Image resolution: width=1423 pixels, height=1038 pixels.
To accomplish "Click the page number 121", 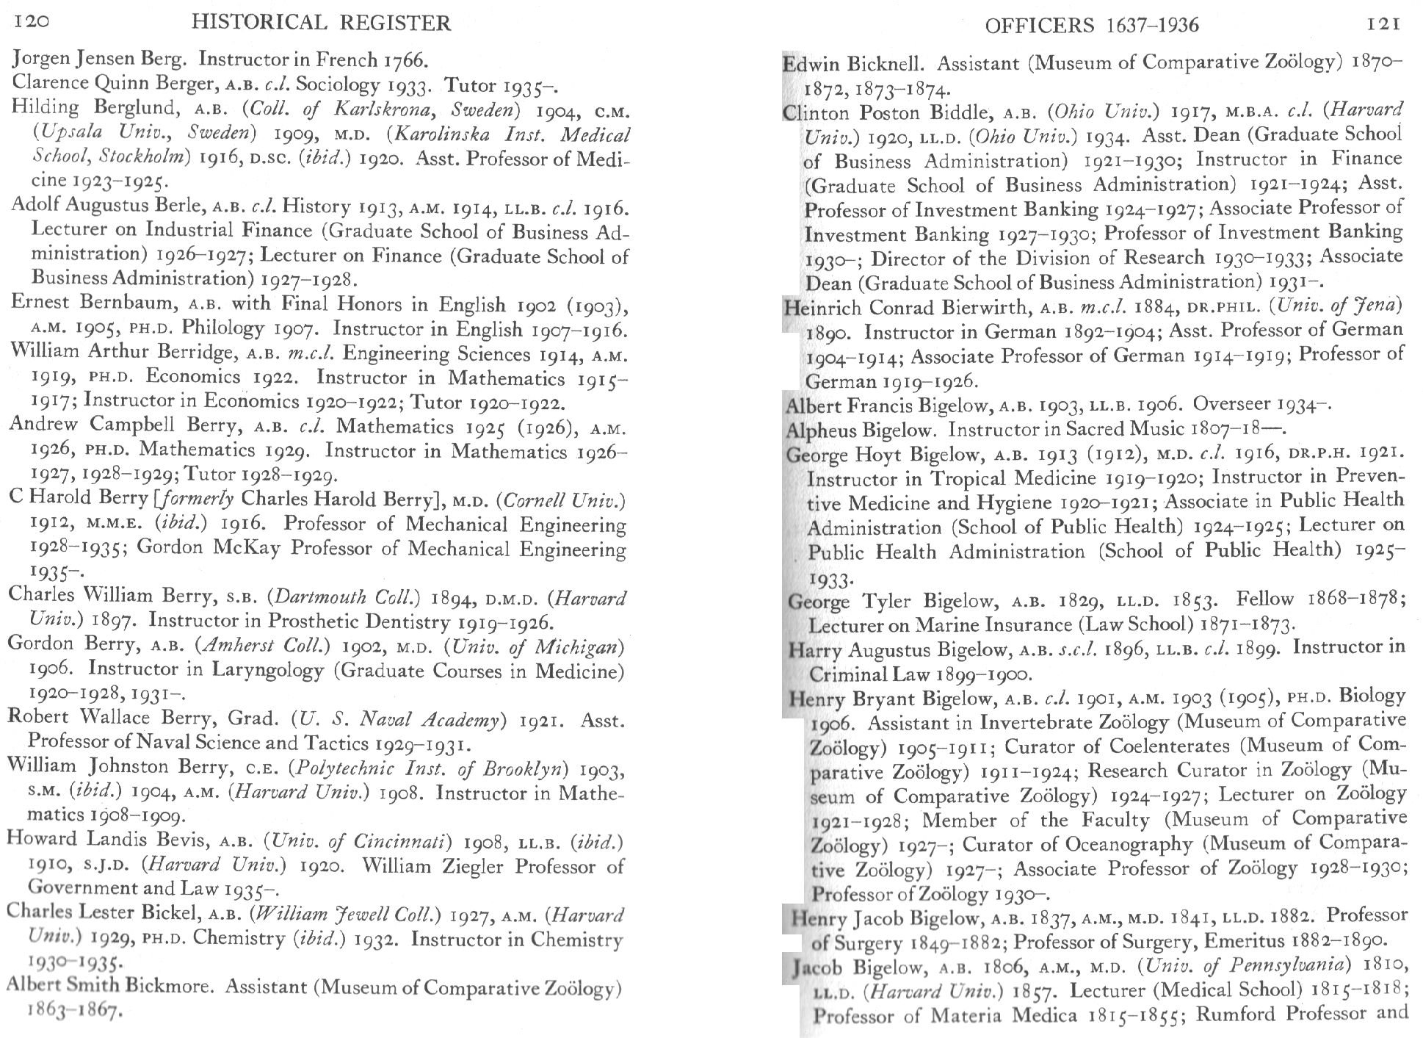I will click(x=1384, y=24).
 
